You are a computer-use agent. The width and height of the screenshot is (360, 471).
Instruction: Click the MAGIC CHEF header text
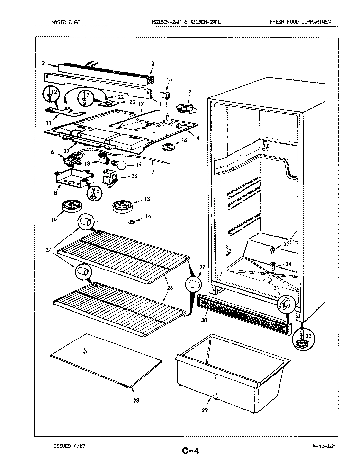tap(65, 22)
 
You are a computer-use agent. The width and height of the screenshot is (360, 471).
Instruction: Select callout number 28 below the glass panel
tap(136, 401)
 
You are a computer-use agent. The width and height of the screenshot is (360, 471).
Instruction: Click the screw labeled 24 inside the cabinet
tap(272, 264)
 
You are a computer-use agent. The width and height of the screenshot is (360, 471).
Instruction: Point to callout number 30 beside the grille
tap(204, 320)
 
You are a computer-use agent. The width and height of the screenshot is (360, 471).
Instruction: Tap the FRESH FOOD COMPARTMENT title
tap(301, 22)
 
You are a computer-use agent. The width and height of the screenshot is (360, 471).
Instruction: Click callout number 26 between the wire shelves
tap(170, 288)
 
